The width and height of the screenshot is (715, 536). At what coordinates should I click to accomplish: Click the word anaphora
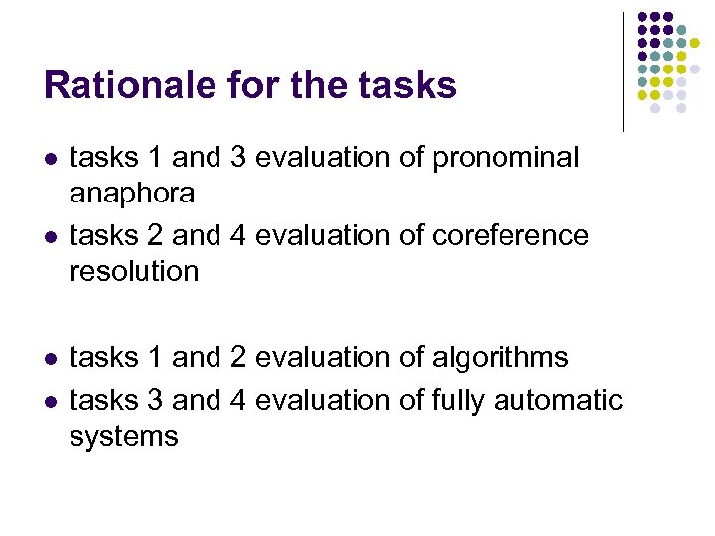click(x=131, y=193)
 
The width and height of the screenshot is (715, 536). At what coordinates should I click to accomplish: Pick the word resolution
click(x=134, y=271)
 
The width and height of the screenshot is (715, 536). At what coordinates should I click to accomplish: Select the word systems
click(x=124, y=436)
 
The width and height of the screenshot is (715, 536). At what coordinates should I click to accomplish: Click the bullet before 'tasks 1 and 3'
click(x=51, y=159)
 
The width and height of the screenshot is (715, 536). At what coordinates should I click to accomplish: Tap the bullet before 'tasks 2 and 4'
click(x=51, y=237)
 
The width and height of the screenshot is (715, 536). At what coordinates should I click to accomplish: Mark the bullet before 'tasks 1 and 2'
click(x=51, y=358)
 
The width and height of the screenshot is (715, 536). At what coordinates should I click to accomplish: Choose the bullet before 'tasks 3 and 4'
click(x=51, y=401)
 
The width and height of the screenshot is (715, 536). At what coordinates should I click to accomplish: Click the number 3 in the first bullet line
click(x=237, y=158)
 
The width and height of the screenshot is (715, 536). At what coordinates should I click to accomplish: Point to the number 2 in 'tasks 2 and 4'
click(x=153, y=236)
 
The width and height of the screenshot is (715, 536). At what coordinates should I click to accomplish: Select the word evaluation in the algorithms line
click(x=322, y=357)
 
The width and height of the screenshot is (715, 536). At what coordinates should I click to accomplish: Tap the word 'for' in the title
click(x=253, y=85)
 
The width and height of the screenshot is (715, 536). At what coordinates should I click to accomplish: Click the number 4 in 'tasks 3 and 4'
click(x=237, y=400)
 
